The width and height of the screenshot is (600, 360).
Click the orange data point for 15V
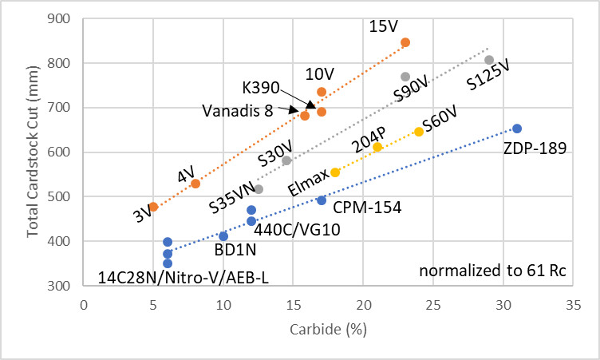[x=405, y=42]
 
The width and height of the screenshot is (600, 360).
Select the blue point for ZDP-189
[x=517, y=129]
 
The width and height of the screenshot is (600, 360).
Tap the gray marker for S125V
[x=489, y=60]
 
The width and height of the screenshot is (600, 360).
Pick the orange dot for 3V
[x=154, y=207]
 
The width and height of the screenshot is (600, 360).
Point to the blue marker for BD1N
[x=223, y=236]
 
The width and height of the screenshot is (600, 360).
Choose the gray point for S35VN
[x=259, y=189]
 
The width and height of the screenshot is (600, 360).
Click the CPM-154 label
[x=367, y=208]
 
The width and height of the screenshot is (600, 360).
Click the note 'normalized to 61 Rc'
[x=493, y=271]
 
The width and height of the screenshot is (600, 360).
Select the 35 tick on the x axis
[x=573, y=304]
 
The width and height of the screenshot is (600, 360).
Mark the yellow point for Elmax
[x=335, y=172]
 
